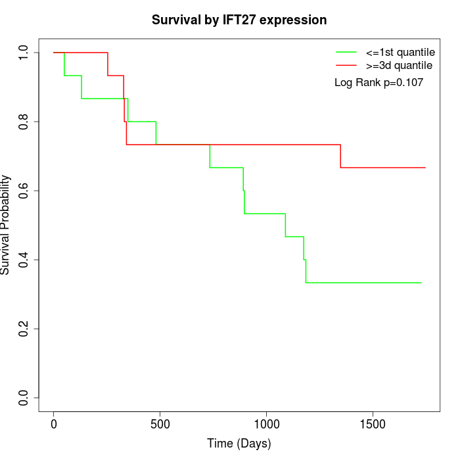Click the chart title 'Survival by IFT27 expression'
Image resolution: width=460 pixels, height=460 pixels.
point(239,20)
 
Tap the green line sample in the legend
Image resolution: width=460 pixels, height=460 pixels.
point(346,52)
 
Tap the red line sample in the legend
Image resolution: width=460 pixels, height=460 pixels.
point(346,65)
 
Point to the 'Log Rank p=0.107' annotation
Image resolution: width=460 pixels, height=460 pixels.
point(379,83)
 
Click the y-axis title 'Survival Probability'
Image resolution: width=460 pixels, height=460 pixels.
point(6,225)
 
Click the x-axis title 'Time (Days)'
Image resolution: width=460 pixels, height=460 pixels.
point(239,444)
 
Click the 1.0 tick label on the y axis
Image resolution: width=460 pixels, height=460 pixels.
point(24,53)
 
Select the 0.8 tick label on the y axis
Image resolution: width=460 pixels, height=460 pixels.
point(24,122)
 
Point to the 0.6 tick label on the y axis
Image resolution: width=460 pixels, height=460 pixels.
point(24,191)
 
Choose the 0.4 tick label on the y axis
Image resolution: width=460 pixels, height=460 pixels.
point(24,260)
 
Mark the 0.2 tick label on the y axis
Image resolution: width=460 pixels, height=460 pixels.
point(24,329)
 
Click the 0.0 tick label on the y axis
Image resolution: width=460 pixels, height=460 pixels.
point(24,398)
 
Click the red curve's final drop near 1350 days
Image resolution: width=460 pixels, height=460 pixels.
point(340,156)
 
